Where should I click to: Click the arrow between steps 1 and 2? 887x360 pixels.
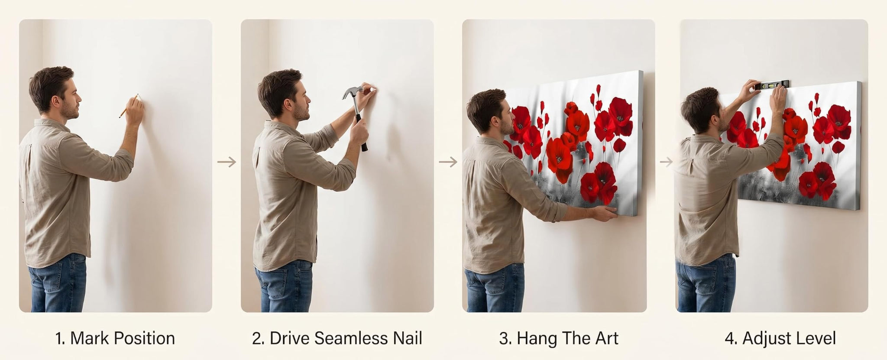[227, 162]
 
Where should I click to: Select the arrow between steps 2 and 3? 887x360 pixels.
[448, 162]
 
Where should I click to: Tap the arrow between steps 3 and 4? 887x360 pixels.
[667, 162]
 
